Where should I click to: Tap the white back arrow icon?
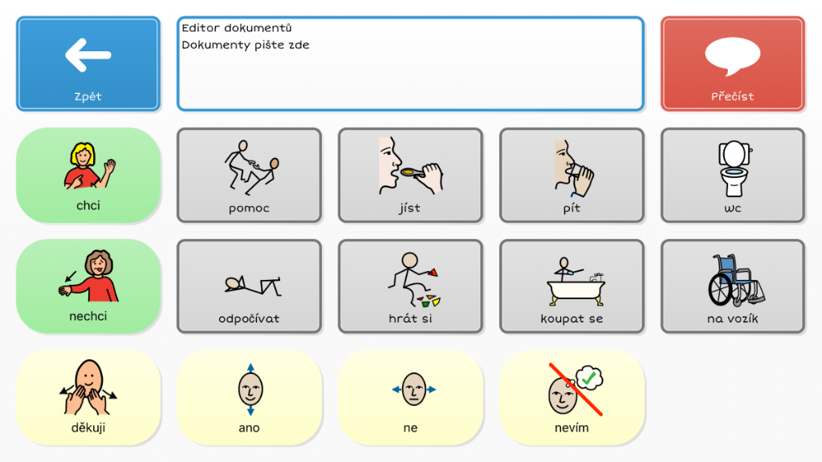(x=87, y=55)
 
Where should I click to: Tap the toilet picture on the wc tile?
(x=734, y=168)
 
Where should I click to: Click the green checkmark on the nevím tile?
(x=588, y=377)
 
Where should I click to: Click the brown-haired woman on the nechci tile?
(x=89, y=276)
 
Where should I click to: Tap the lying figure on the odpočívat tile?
(x=253, y=286)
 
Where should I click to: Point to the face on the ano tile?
(x=250, y=389)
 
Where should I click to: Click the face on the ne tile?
(x=413, y=389)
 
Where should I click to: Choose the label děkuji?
(x=88, y=428)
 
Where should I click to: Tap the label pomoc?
(x=249, y=209)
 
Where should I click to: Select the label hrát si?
(x=410, y=318)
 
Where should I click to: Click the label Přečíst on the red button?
(x=732, y=96)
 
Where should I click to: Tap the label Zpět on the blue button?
(x=87, y=96)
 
